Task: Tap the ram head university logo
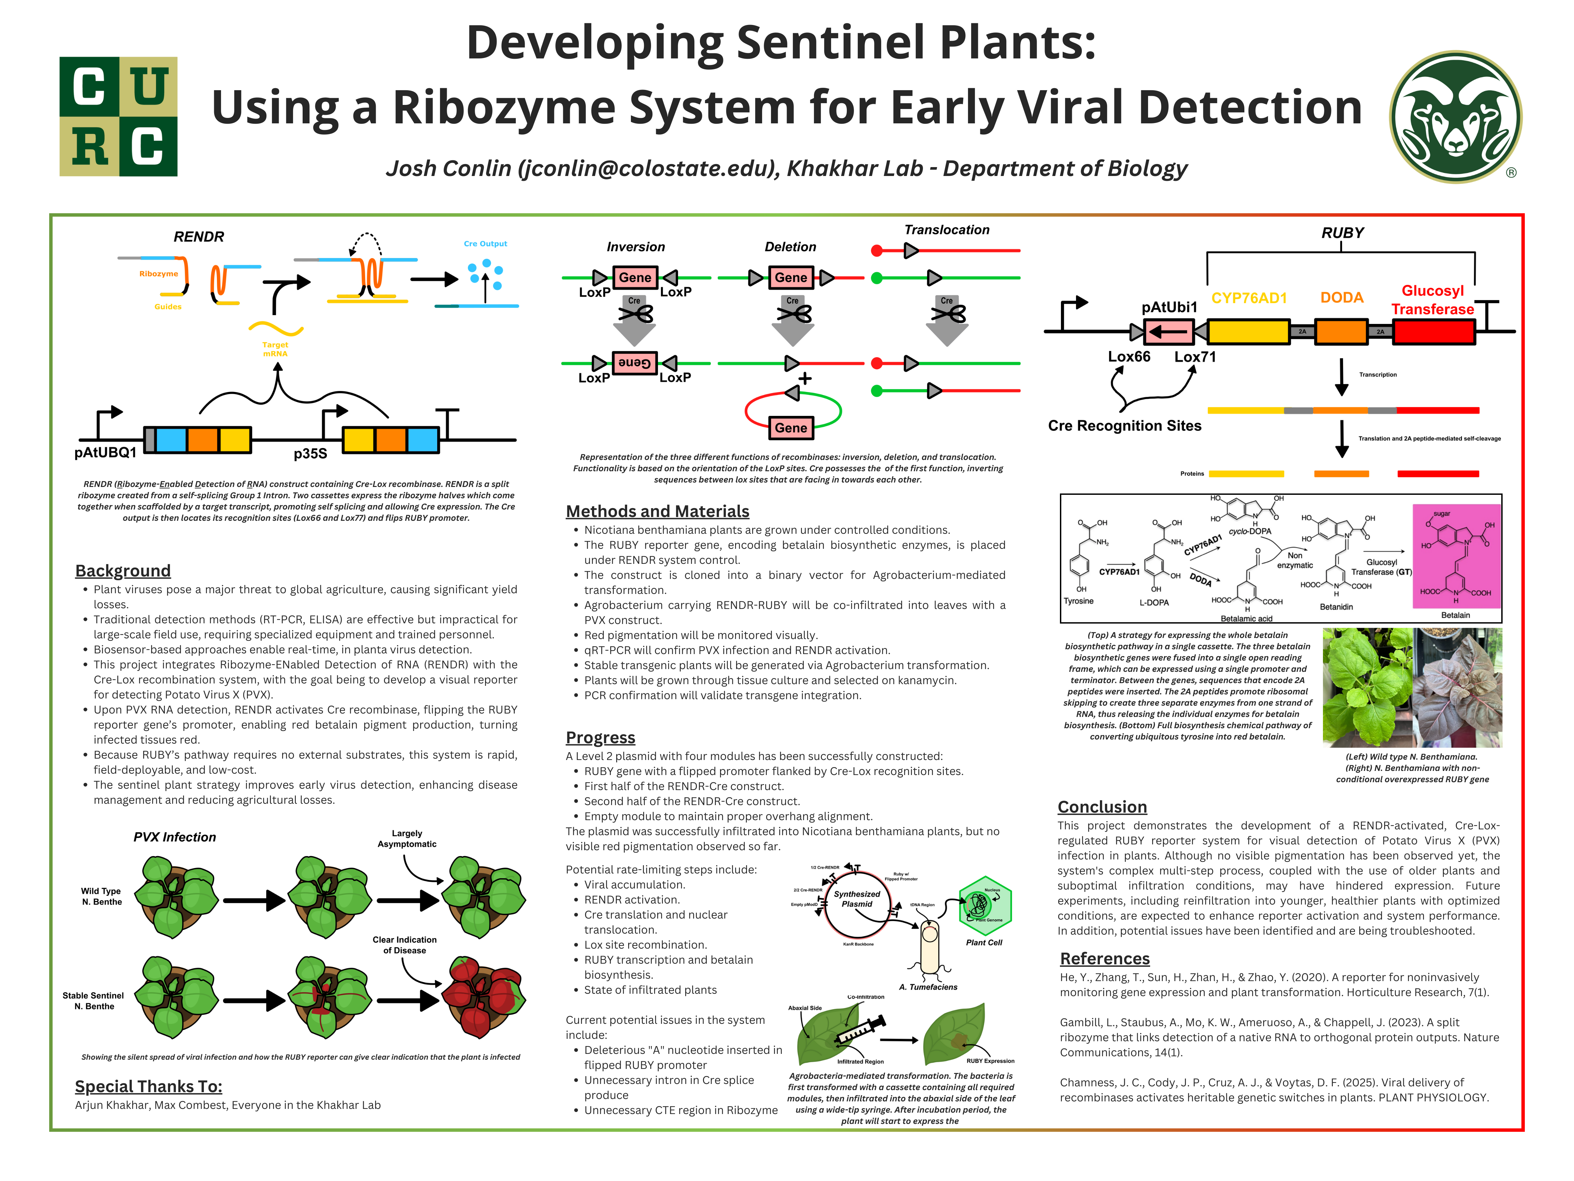(x=1455, y=116)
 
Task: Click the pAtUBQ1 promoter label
(x=105, y=453)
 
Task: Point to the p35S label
(x=310, y=453)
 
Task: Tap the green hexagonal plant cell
(x=985, y=906)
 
